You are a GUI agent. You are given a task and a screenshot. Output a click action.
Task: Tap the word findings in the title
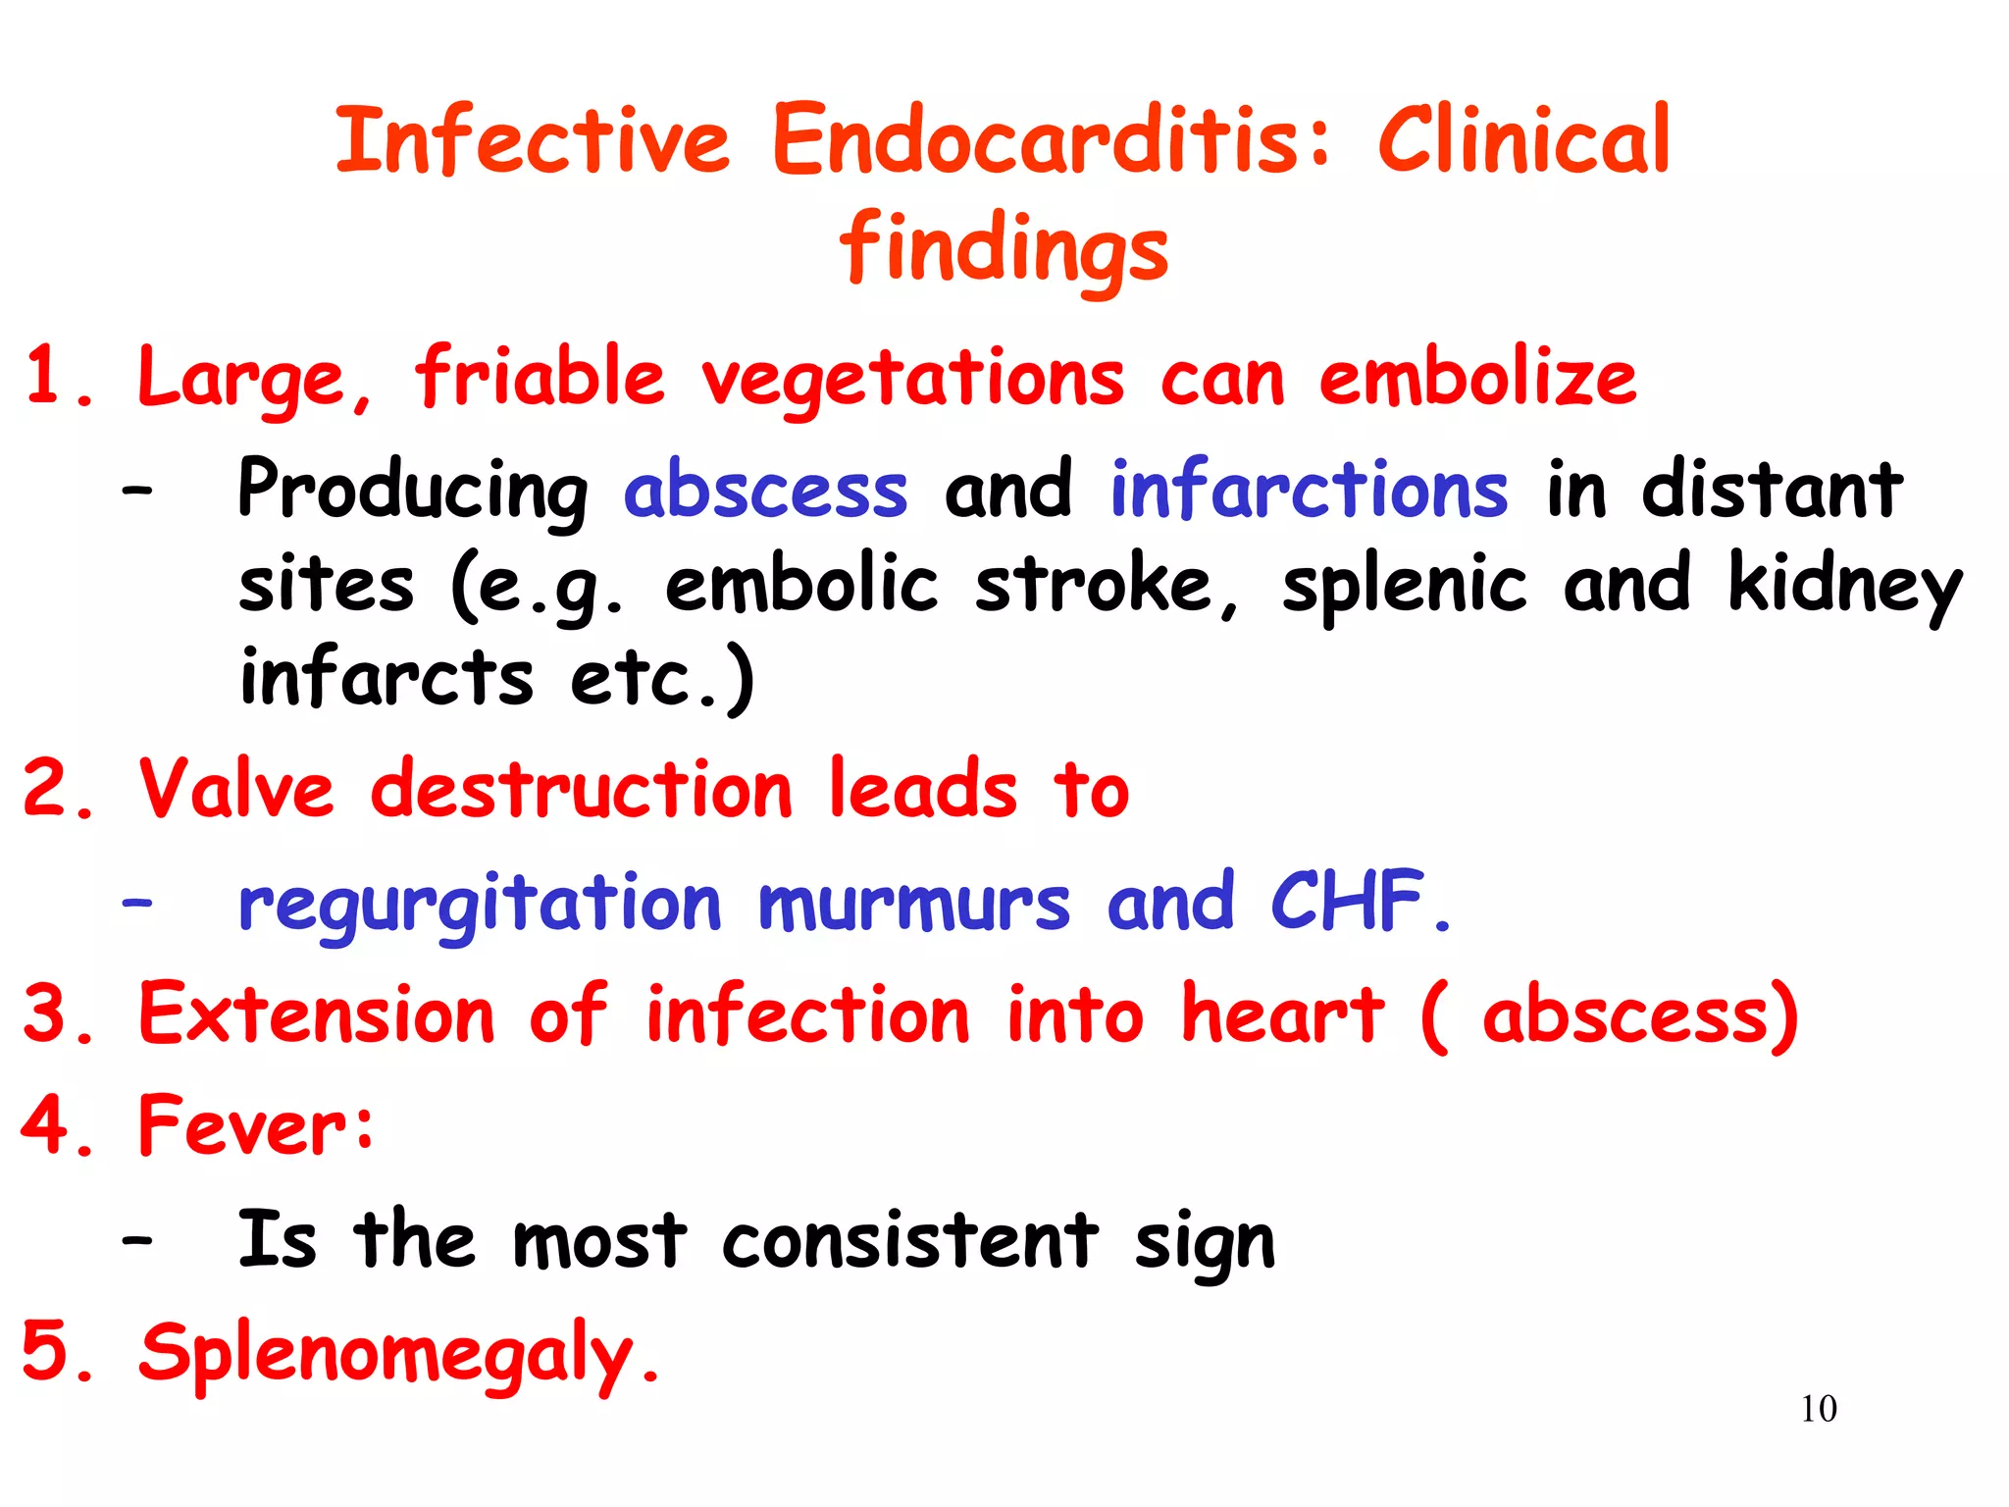(1004, 248)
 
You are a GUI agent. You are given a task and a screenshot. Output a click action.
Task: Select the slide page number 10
(1818, 1409)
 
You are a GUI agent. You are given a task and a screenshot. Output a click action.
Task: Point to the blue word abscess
(765, 491)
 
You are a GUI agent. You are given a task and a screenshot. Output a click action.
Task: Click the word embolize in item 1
(1477, 379)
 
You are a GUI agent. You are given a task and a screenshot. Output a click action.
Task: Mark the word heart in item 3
(1282, 1013)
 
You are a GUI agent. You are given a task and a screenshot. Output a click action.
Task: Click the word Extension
(316, 1013)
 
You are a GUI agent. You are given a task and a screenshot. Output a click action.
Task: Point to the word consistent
(909, 1240)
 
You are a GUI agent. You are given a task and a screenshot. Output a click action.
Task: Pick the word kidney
(1844, 586)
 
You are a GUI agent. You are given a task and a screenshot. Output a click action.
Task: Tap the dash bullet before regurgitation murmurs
(137, 901)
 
